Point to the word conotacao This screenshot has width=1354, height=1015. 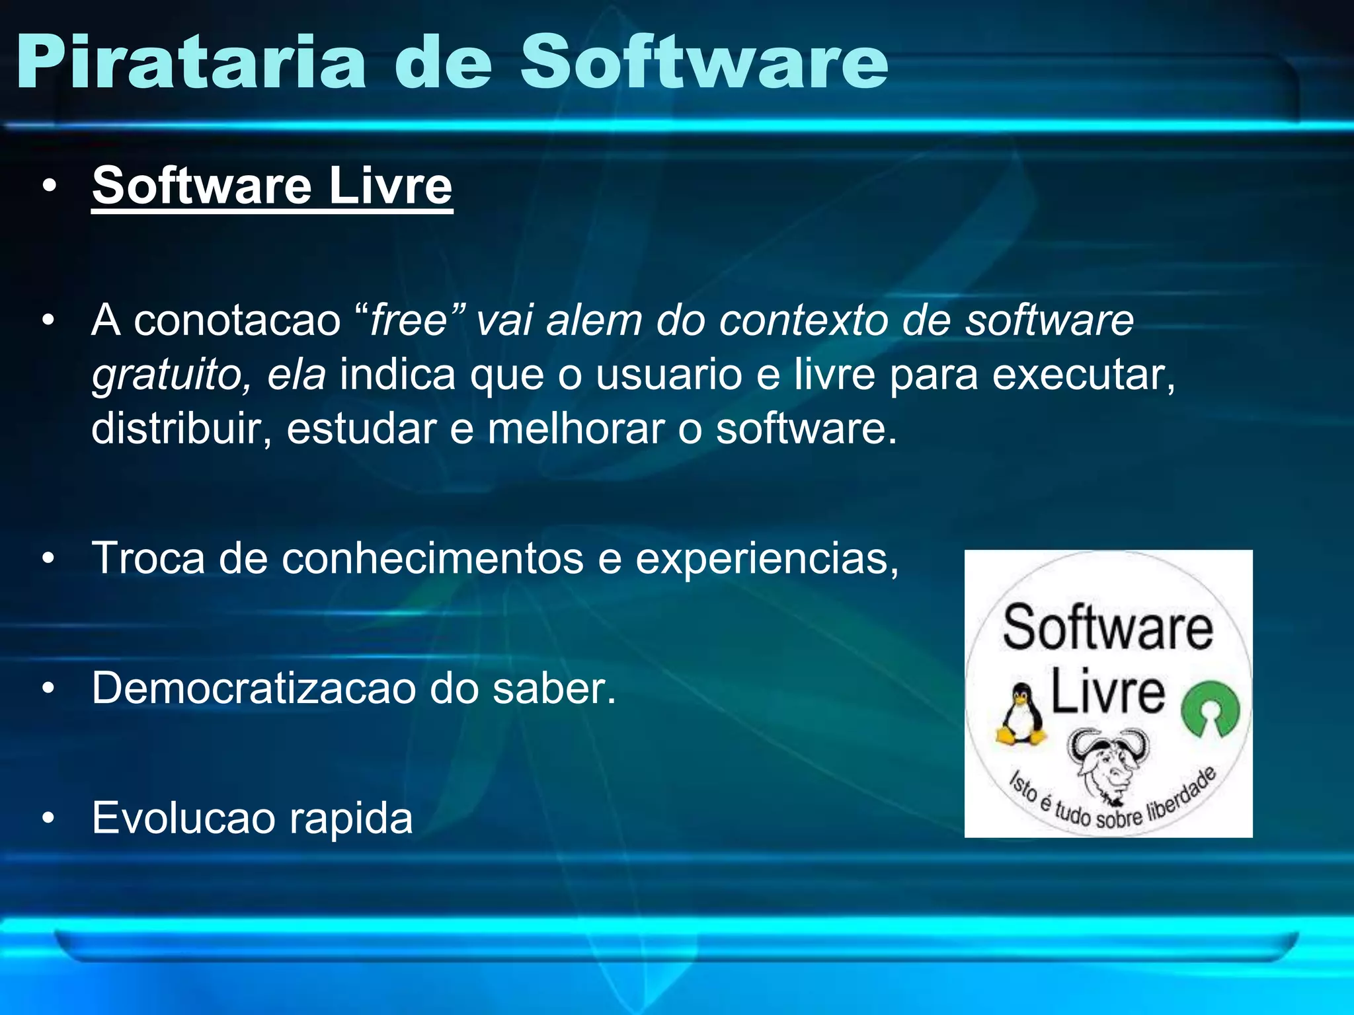[x=237, y=320]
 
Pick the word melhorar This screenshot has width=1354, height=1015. [x=575, y=428]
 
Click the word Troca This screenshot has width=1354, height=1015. [x=149, y=558]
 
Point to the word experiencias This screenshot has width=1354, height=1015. [x=766, y=558]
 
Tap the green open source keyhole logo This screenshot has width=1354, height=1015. [x=1211, y=709]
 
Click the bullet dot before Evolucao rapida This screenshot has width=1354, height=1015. [x=48, y=819]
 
